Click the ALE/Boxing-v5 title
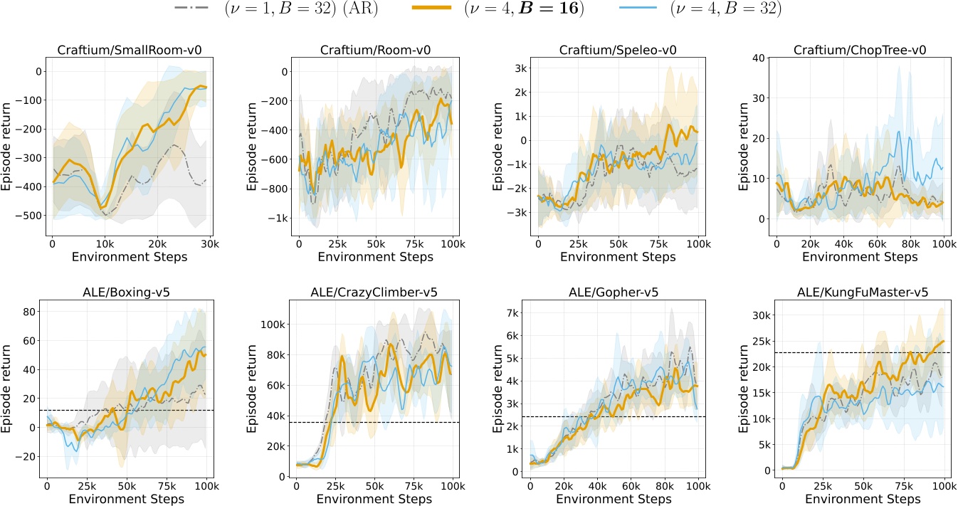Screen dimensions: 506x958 click(125, 292)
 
